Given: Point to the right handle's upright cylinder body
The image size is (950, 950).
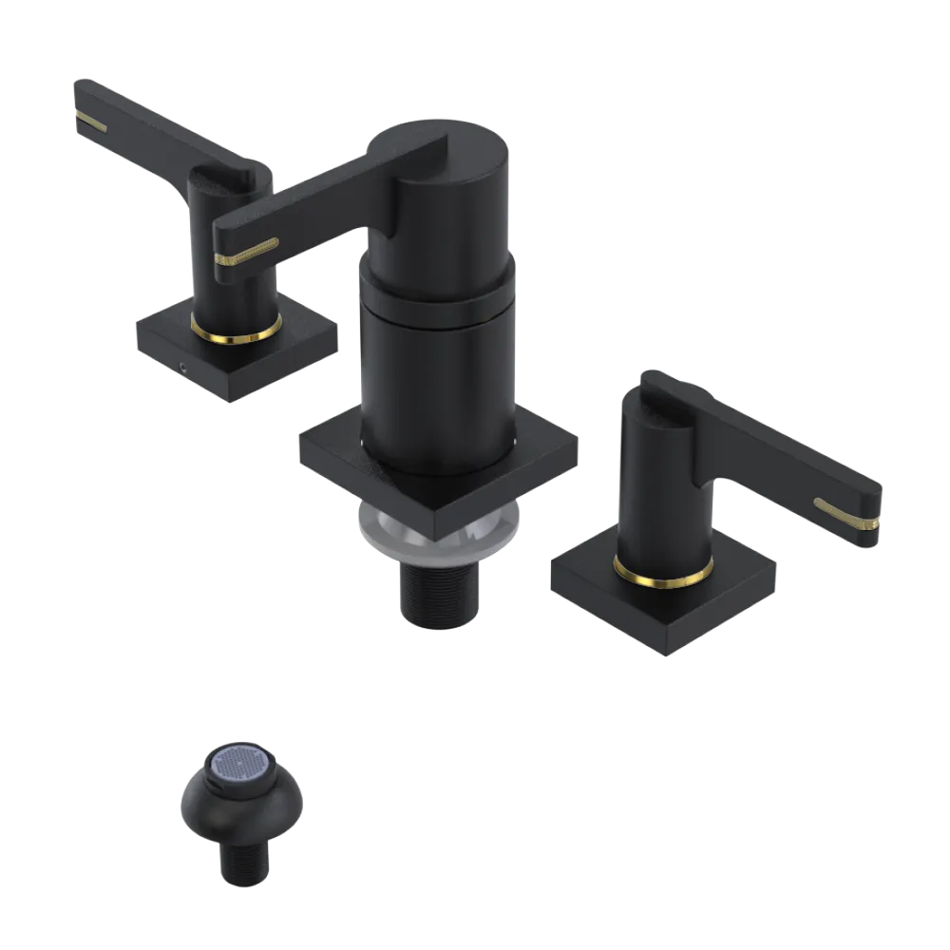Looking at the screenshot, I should coord(655,494).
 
